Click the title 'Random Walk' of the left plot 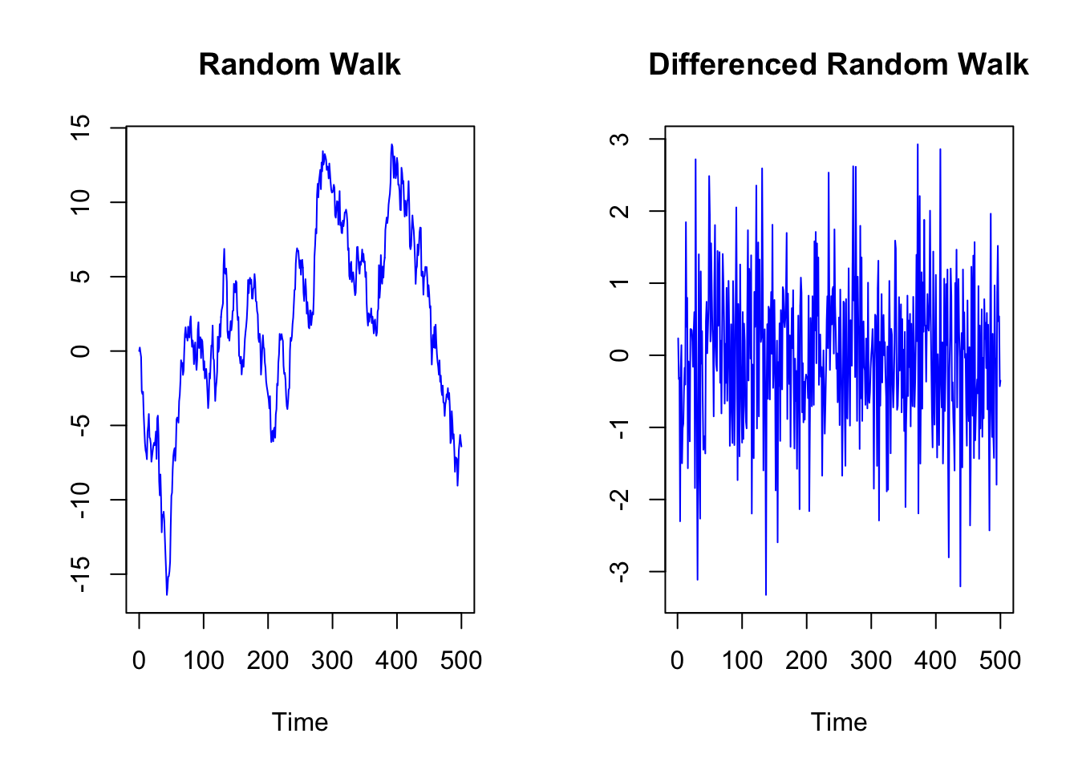[x=299, y=64]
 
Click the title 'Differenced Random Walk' [x=838, y=64]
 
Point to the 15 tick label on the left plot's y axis [x=81, y=127]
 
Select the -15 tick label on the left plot [x=81, y=574]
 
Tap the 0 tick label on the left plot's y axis [x=81, y=351]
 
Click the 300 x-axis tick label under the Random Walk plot [x=332, y=660]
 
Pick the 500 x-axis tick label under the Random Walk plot [x=461, y=660]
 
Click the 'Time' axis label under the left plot [x=300, y=722]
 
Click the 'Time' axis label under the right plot [x=839, y=722]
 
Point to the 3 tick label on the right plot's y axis [x=620, y=139]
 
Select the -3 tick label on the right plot [x=620, y=571]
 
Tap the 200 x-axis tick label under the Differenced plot [x=807, y=660]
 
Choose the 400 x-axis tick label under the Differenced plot [x=936, y=660]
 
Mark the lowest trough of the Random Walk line [x=167, y=594]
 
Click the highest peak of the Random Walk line [x=392, y=144]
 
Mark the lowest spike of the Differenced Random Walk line [x=766, y=594]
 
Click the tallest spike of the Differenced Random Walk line [x=918, y=144]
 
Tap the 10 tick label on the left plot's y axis [x=81, y=201]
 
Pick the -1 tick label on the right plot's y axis [x=620, y=428]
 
